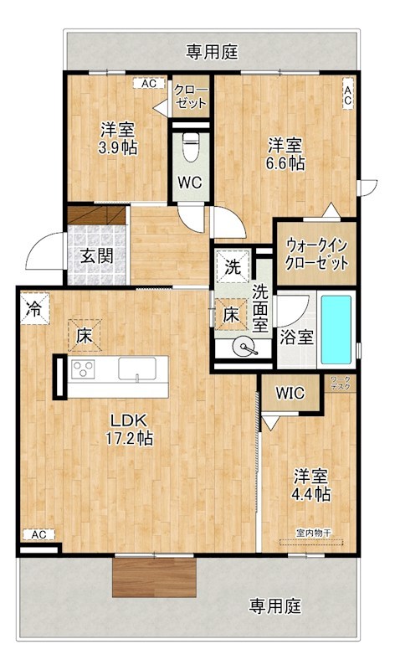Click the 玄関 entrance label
tap(97, 256)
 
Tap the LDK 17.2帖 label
tap(127, 428)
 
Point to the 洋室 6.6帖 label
tap(285, 153)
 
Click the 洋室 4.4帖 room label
tap(310, 485)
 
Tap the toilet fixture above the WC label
tap(191, 148)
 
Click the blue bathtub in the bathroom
tap(339, 330)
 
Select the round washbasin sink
tap(244, 347)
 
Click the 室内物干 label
tap(314, 532)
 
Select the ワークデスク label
tap(341, 384)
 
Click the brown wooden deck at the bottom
tap(156, 576)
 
